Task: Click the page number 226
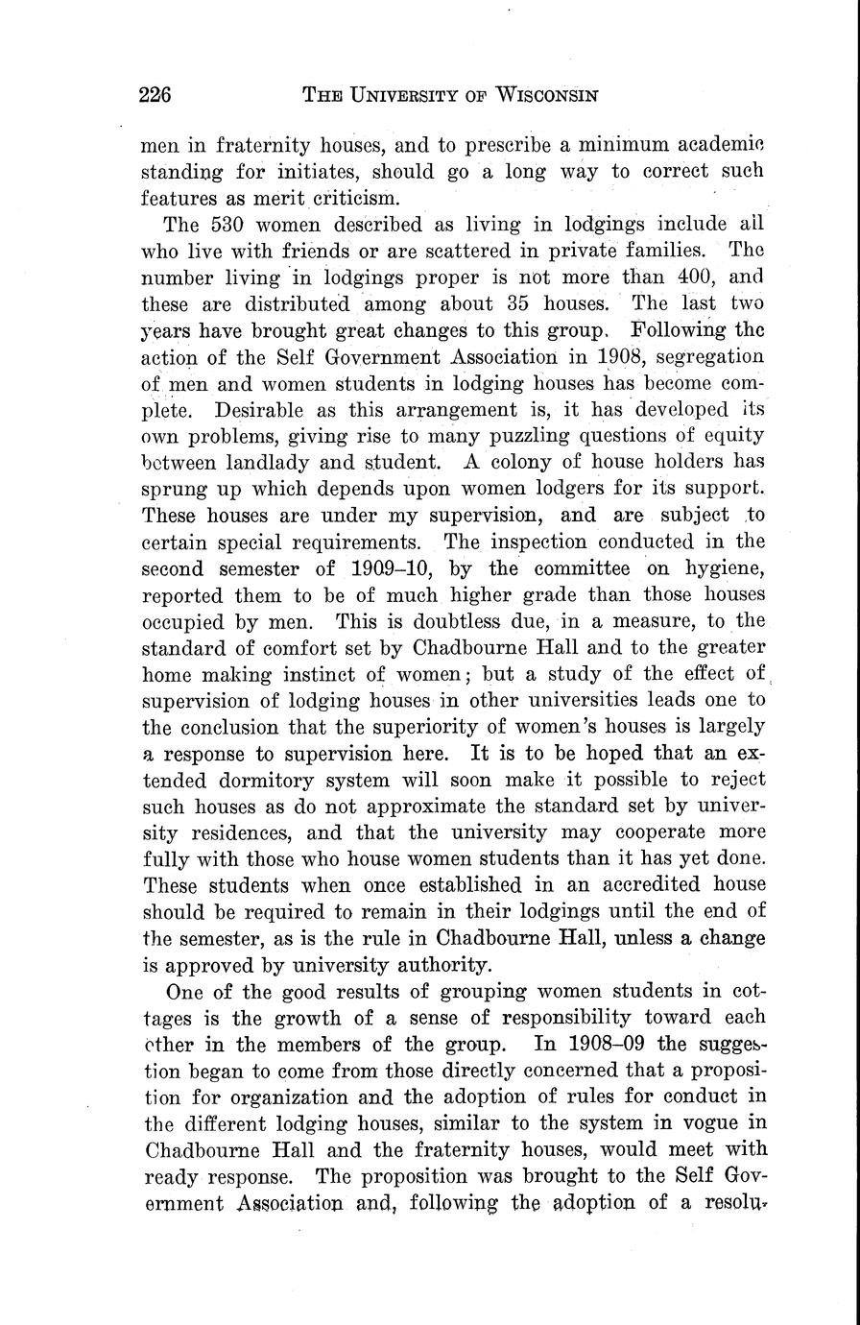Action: pyautogui.click(x=155, y=94)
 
